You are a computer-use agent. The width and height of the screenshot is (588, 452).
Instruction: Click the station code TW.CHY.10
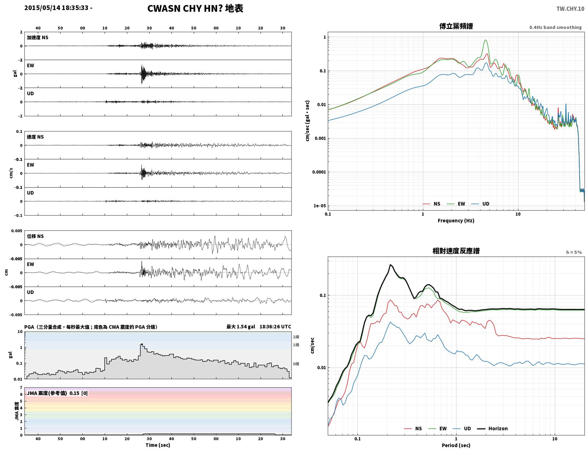[570, 8]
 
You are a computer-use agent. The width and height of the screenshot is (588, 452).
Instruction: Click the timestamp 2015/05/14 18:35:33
[56, 7]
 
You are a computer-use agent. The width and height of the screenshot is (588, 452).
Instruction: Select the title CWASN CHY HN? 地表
[195, 8]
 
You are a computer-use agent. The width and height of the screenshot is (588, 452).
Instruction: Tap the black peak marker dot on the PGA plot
[142, 345]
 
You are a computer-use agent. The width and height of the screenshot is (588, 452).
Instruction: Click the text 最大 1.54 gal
[240, 327]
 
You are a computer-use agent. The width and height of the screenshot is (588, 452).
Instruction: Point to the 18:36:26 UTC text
[275, 327]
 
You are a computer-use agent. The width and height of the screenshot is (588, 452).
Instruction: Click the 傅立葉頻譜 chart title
[456, 26]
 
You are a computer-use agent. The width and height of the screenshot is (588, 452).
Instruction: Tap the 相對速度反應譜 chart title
[456, 251]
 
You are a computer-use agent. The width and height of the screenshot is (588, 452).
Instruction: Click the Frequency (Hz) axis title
[456, 221]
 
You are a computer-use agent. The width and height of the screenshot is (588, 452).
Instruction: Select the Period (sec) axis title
[456, 445]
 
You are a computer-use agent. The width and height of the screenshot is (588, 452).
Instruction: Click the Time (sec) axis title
[158, 445]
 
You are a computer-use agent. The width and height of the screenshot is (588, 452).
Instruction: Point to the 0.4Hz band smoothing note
[555, 27]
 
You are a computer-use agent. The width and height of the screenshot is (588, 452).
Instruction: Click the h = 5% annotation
[574, 252]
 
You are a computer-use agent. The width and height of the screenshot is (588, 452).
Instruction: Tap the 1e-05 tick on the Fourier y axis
[320, 206]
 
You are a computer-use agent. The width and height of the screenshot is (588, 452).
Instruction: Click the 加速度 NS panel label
[37, 37]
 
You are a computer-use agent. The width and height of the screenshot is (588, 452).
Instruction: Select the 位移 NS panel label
[35, 236]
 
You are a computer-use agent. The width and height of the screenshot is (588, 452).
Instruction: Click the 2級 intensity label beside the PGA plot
[296, 337]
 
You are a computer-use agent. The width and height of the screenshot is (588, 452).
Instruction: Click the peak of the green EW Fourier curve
[486, 40]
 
